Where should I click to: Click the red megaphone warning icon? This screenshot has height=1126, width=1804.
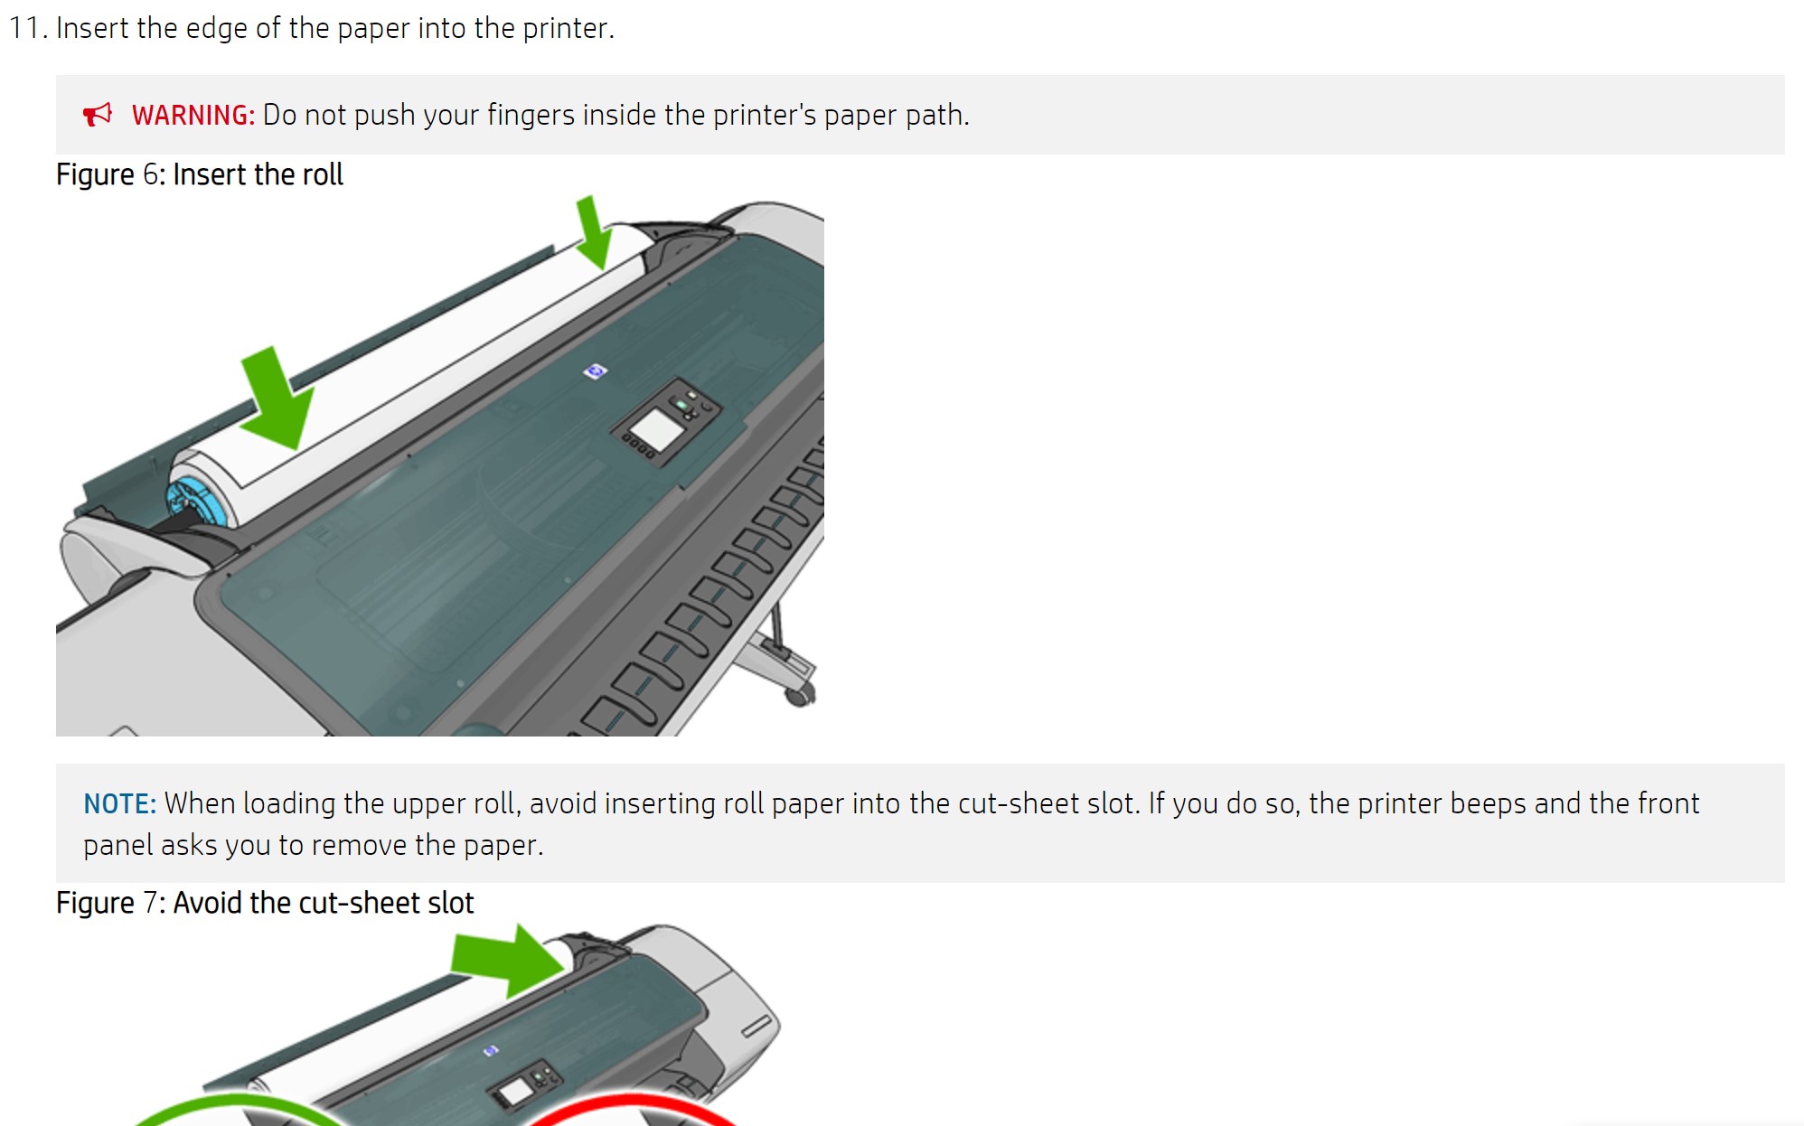click(97, 115)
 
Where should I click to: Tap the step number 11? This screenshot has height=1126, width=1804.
click(28, 28)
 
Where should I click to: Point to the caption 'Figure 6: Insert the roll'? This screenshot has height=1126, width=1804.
click(200, 174)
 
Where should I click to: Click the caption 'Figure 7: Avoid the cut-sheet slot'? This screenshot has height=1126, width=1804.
click(265, 903)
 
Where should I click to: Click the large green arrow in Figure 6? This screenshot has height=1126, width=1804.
click(276, 398)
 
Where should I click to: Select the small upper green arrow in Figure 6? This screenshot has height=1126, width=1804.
click(593, 232)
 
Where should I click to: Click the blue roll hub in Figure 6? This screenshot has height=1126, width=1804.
click(194, 501)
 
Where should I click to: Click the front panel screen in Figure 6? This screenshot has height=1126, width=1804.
click(655, 428)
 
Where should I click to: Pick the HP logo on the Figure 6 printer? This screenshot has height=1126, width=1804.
click(595, 371)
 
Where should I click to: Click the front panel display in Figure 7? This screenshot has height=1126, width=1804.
click(516, 1092)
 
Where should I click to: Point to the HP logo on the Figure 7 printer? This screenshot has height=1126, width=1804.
click(490, 1050)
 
